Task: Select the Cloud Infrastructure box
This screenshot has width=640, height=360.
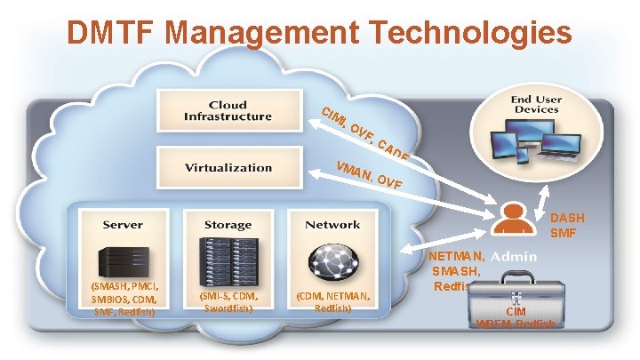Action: click(228, 111)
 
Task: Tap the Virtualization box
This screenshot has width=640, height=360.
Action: click(228, 167)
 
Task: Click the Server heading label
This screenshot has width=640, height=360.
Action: click(122, 225)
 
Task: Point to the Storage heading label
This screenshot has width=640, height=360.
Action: click(228, 225)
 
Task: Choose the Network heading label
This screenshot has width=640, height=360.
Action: click(332, 225)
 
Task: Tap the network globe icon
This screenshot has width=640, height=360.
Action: click(332, 259)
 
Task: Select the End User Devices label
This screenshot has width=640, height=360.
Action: click(535, 104)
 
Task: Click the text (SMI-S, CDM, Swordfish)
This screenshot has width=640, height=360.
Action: click(228, 302)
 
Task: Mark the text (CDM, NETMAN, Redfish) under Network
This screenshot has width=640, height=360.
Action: click(332, 301)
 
